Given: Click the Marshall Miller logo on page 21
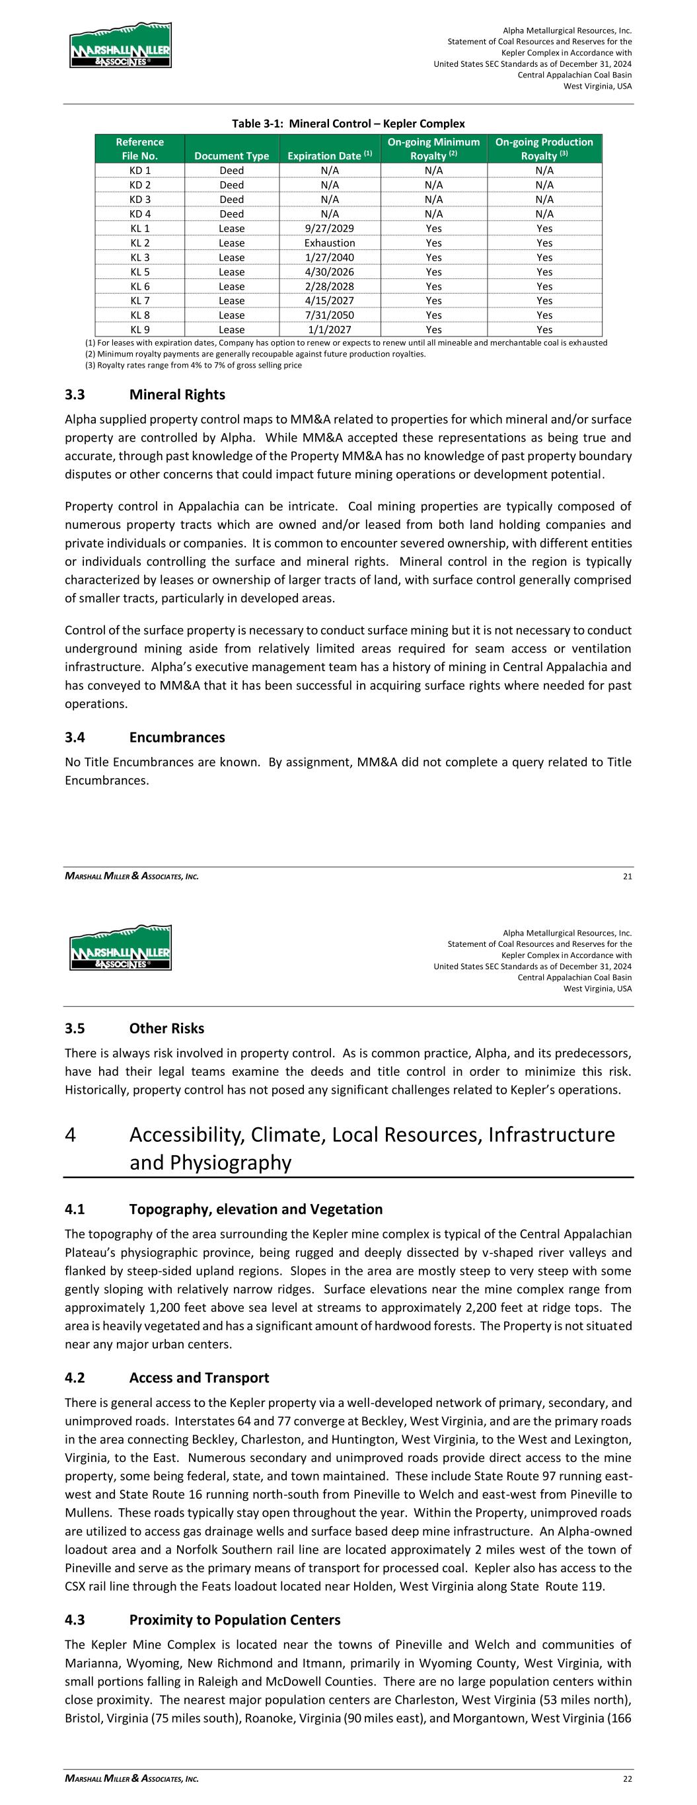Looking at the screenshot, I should coord(120,46).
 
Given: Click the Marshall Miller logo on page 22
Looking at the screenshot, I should coord(120,948).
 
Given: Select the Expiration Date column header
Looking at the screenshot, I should coord(329,155).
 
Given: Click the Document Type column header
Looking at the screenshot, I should coord(232,155).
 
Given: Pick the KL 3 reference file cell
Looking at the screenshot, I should coord(139,257).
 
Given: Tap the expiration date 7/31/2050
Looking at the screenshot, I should coord(329,315).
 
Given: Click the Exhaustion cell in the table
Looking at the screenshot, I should coord(329,243).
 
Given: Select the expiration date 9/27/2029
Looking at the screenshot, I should coord(329,228).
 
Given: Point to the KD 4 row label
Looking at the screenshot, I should coord(139,214).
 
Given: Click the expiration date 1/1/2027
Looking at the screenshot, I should coord(329,329).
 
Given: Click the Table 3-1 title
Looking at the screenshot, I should coord(348,124).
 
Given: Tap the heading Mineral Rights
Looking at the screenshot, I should coord(177,395).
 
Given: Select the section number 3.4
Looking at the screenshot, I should coord(75,737).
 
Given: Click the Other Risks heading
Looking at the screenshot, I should coord(166,1029).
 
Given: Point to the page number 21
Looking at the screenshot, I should coord(627,876).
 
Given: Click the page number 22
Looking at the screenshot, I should coord(627,1779).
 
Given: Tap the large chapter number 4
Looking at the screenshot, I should coord(70,1135).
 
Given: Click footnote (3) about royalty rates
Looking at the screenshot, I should coord(194,365).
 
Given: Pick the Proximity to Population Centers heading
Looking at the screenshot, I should coord(235,1620).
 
